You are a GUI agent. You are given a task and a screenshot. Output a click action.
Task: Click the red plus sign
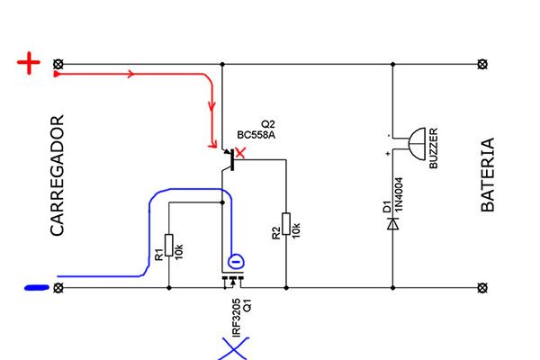click(x=30, y=64)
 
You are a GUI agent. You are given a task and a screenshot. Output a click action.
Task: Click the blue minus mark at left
click(x=36, y=288)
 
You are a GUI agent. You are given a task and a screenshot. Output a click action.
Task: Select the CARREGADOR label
click(x=58, y=175)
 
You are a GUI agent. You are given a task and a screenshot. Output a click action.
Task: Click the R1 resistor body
click(x=169, y=246)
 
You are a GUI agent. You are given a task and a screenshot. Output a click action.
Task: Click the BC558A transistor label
click(x=256, y=135)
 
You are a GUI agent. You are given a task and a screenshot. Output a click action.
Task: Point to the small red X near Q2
click(x=238, y=154)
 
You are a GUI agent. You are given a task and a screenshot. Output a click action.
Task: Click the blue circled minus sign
click(x=235, y=262)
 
